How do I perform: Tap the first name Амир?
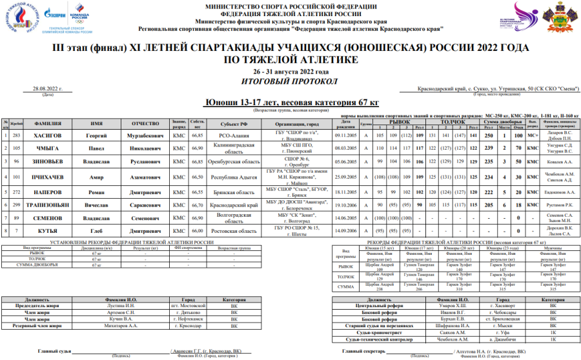[x=97, y=177]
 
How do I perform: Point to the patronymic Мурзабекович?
[x=145, y=135]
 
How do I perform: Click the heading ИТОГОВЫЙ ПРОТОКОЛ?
[x=290, y=81]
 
